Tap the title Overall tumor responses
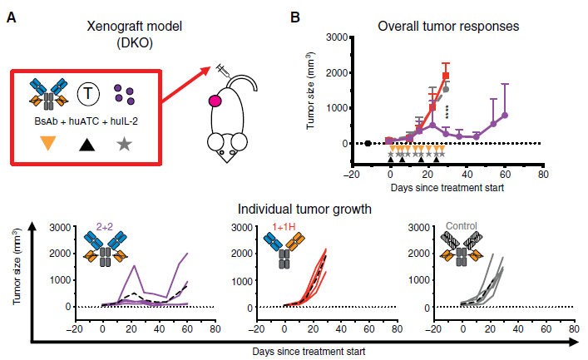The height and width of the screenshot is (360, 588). [x=448, y=26]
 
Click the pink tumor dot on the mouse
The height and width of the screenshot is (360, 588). [x=215, y=101]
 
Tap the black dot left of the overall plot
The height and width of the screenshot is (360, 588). [x=368, y=144]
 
